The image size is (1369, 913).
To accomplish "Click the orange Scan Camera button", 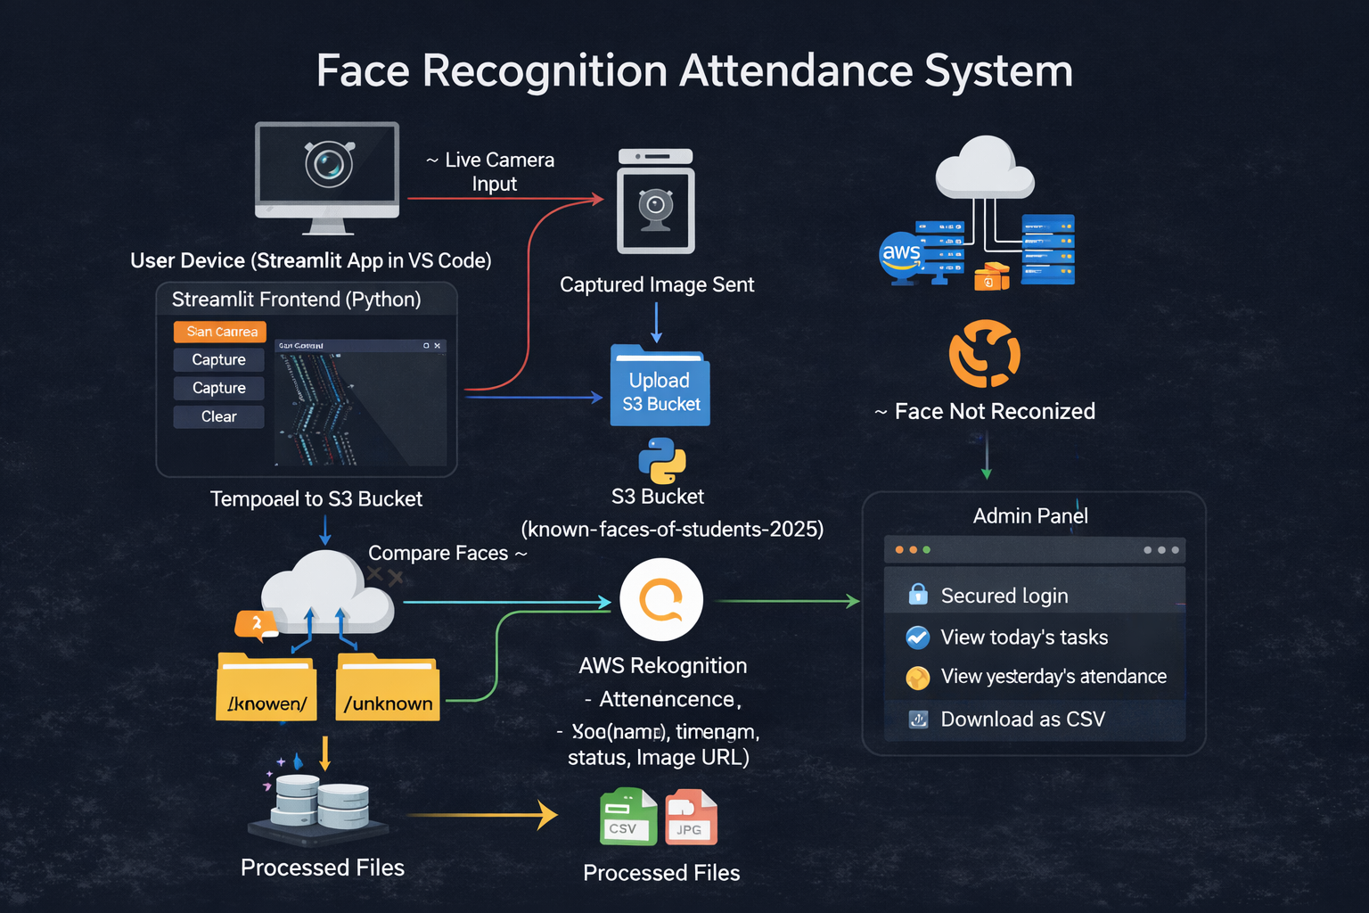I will point(220,332).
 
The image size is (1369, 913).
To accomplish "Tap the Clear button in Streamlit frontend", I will point(218,416).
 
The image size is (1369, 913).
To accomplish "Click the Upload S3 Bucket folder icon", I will point(660,387).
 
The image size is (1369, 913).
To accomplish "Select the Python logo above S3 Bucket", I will point(661,460).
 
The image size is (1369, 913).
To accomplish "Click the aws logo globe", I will point(901,255).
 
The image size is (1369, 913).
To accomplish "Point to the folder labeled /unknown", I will point(388,688).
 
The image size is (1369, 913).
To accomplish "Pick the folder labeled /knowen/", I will point(266,688).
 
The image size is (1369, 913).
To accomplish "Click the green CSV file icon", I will point(627,817).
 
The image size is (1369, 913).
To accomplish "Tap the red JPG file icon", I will point(691,817).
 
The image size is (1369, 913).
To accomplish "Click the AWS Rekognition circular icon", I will point(661,600).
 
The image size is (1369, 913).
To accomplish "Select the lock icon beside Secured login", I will point(918,594).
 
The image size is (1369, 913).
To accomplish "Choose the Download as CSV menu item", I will point(1022,719).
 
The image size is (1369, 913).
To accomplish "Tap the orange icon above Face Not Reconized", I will point(985,353).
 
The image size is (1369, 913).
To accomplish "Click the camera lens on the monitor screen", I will point(329,164).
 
